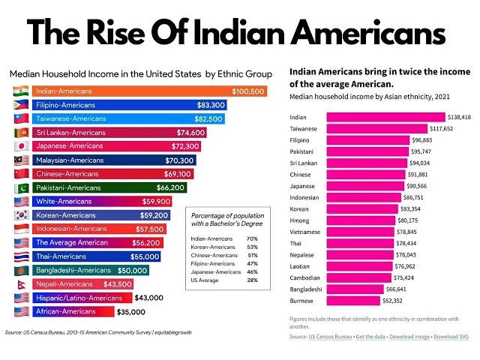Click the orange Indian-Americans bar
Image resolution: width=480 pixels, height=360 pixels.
150,91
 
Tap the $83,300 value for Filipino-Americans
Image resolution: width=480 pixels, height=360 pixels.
211,105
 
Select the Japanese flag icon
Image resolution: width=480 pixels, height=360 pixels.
22,146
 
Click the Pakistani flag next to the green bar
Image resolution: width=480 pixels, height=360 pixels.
22,187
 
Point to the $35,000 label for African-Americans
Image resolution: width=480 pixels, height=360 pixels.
131,312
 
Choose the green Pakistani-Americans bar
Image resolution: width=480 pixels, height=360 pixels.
109,187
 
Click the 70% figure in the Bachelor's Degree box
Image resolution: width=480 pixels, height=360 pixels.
252,238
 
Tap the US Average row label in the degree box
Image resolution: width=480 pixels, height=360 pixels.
205,280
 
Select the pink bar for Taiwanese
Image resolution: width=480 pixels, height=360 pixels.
376,128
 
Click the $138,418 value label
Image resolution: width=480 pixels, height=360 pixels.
459,117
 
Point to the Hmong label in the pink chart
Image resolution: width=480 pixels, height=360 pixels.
299,220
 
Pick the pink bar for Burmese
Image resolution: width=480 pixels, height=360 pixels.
353,301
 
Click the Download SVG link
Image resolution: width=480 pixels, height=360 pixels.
451,337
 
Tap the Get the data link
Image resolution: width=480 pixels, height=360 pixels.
370,337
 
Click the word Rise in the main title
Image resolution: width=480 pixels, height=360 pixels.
116,32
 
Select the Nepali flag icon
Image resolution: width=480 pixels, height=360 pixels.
22,284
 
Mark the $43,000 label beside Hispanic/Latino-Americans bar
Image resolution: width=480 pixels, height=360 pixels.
148,298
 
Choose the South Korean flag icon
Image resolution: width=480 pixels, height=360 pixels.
22,215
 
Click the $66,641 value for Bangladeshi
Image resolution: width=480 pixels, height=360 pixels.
396,289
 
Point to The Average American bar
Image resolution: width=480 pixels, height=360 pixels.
97,243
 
